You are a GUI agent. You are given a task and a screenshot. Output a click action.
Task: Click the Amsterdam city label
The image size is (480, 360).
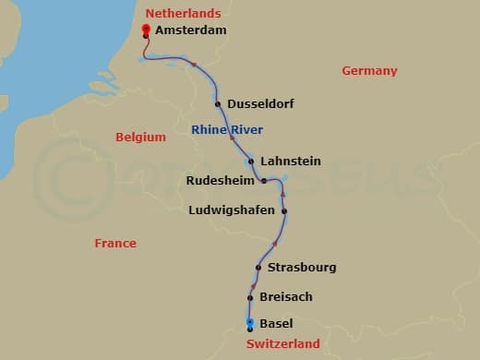click(x=190, y=30)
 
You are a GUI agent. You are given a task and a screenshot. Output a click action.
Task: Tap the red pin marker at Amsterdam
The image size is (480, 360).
click(x=146, y=30)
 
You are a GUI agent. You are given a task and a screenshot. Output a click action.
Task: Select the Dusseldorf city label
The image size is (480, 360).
click(x=261, y=104)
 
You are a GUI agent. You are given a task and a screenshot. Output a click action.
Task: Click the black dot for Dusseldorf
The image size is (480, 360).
click(x=218, y=104)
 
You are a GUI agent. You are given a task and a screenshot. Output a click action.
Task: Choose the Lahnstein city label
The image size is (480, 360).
click(x=291, y=161)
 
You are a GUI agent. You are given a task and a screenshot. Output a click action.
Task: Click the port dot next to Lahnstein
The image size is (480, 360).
click(x=251, y=161)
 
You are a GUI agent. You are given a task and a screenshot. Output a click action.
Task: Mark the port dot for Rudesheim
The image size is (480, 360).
click(x=263, y=181)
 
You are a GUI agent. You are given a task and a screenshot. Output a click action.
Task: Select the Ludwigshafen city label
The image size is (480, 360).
click(x=231, y=210)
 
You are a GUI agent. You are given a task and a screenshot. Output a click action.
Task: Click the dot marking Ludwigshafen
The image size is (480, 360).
click(x=284, y=211)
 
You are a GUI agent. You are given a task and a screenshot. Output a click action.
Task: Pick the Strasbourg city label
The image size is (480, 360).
click(x=302, y=268)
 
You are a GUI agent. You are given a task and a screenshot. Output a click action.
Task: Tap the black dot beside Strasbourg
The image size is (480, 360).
click(x=258, y=268)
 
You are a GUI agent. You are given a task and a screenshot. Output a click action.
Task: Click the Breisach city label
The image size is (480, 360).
click(x=286, y=296)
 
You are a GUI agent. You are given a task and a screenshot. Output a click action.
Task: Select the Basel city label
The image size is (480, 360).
click(x=277, y=324)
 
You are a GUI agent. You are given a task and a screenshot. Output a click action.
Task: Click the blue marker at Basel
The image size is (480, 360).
click(x=250, y=323)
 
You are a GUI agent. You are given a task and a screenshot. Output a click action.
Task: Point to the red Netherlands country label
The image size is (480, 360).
click(x=184, y=13)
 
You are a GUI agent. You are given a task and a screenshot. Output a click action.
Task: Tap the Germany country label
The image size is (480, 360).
click(x=369, y=71)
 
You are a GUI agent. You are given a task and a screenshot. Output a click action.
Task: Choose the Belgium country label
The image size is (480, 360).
click(x=140, y=138)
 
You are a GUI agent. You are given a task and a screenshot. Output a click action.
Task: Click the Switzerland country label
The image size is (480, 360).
click(x=283, y=344)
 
